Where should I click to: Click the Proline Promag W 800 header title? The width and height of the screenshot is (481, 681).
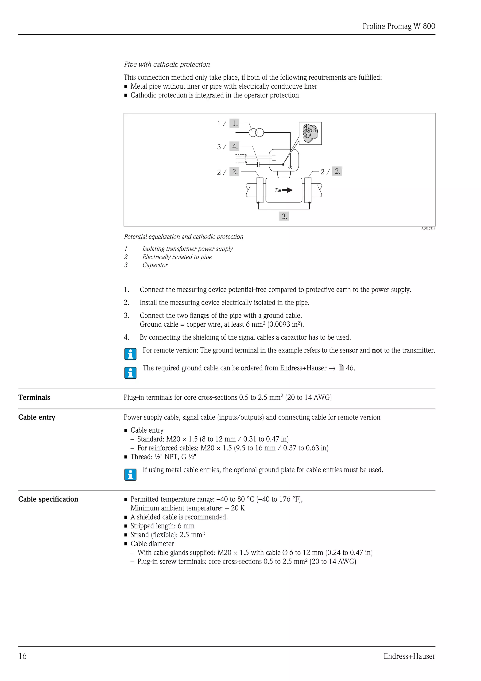[x=398, y=26]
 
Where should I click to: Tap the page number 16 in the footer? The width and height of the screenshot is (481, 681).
[x=23, y=656]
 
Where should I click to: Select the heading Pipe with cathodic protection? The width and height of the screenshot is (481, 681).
[x=167, y=64]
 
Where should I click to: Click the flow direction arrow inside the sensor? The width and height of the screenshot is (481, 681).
[x=287, y=190]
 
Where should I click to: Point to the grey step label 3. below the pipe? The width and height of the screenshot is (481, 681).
[x=284, y=216]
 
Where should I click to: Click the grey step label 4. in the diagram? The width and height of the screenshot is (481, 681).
[x=234, y=146]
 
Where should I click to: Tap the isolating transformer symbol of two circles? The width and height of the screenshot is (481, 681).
[x=256, y=132]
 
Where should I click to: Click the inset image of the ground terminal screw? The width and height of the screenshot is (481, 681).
[x=310, y=133]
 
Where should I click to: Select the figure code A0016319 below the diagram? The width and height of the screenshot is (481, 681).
[x=428, y=228]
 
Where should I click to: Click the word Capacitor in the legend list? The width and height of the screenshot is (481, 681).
[x=155, y=265]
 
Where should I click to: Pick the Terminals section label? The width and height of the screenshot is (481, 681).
[x=34, y=397]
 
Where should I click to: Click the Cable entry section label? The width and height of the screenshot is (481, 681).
[x=37, y=417]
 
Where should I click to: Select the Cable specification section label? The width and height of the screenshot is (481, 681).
[x=48, y=499]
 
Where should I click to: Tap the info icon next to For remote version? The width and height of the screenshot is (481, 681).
[x=130, y=354]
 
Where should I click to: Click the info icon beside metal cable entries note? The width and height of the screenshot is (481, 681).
[x=130, y=475]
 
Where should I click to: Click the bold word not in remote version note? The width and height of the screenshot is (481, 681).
[x=377, y=350]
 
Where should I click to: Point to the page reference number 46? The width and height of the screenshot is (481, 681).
[x=350, y=368]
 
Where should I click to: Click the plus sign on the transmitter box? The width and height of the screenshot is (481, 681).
[x=274, y=155]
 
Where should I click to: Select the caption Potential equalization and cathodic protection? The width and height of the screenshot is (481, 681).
[x=183, y=237]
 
